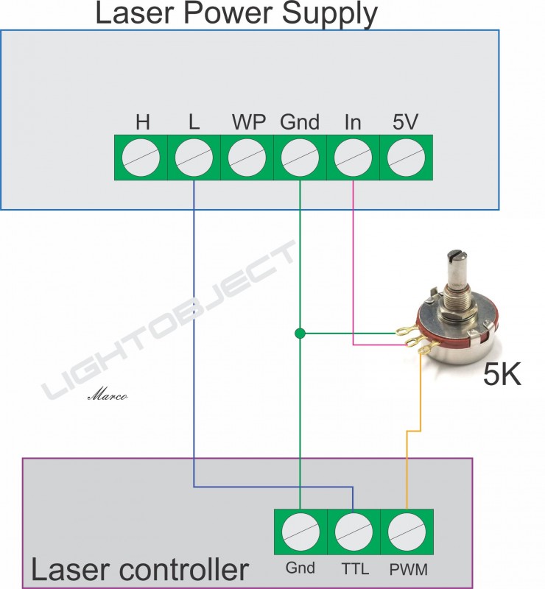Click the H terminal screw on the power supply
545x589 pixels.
(x=141, y=157)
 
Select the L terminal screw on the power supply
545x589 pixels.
(x=194, y=157)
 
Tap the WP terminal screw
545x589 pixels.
(x=247, y=157)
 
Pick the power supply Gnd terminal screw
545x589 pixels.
(x=300, y=157)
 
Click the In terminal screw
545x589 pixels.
(x=353, y=157)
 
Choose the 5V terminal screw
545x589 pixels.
(x=406, y=157)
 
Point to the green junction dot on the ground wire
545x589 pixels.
(x=300, y=334)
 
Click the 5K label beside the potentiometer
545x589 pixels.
(x=502, y=376)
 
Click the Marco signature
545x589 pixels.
(x=108, y=395)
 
